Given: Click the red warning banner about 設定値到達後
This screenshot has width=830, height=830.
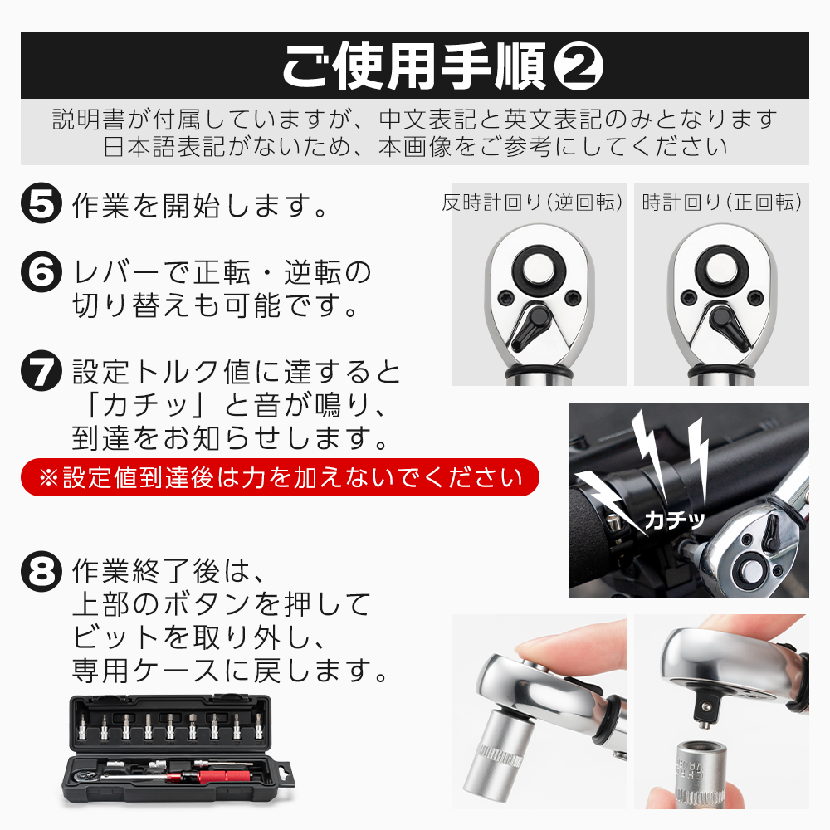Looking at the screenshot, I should click(x=280, y=477).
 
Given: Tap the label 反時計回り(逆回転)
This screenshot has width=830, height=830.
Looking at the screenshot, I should click(x=532, y=203).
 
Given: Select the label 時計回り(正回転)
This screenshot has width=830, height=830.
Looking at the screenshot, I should click(x=721, y=203).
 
